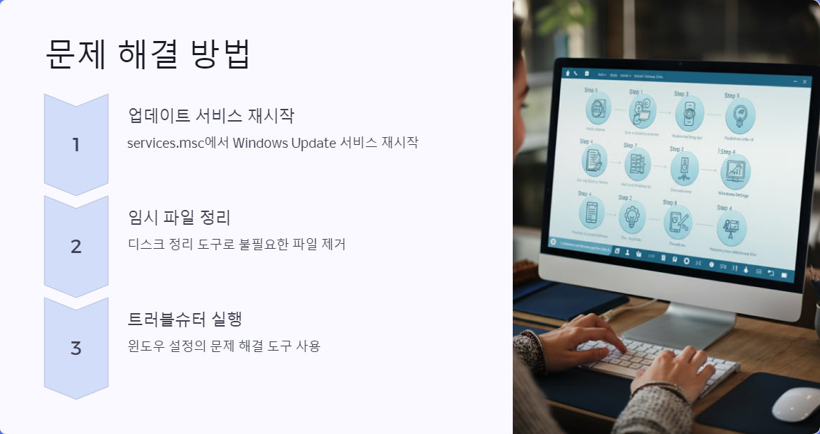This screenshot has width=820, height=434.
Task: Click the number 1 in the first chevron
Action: [x=76, y=145]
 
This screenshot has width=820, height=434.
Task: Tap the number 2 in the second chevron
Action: [x=76, y=247]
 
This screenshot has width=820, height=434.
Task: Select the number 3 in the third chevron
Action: [x=76, y=348]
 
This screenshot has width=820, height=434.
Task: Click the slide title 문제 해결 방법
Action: [x=148, y=54]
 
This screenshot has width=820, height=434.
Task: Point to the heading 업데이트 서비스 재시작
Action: [x=210, y=115]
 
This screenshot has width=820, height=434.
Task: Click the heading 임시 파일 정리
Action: [x=179, y=217]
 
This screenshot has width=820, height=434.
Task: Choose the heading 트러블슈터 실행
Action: [x=185, y=319]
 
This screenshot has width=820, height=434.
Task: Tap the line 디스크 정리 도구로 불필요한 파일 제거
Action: [x=237, y=245]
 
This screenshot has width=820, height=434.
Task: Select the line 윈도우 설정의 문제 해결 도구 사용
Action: [x=224, y=346]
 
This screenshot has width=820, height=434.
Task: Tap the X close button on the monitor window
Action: [x=804, y=83]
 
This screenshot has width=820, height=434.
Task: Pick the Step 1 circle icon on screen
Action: [x=643, y=110]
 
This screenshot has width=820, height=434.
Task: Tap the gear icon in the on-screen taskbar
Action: [x=686, y=261]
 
